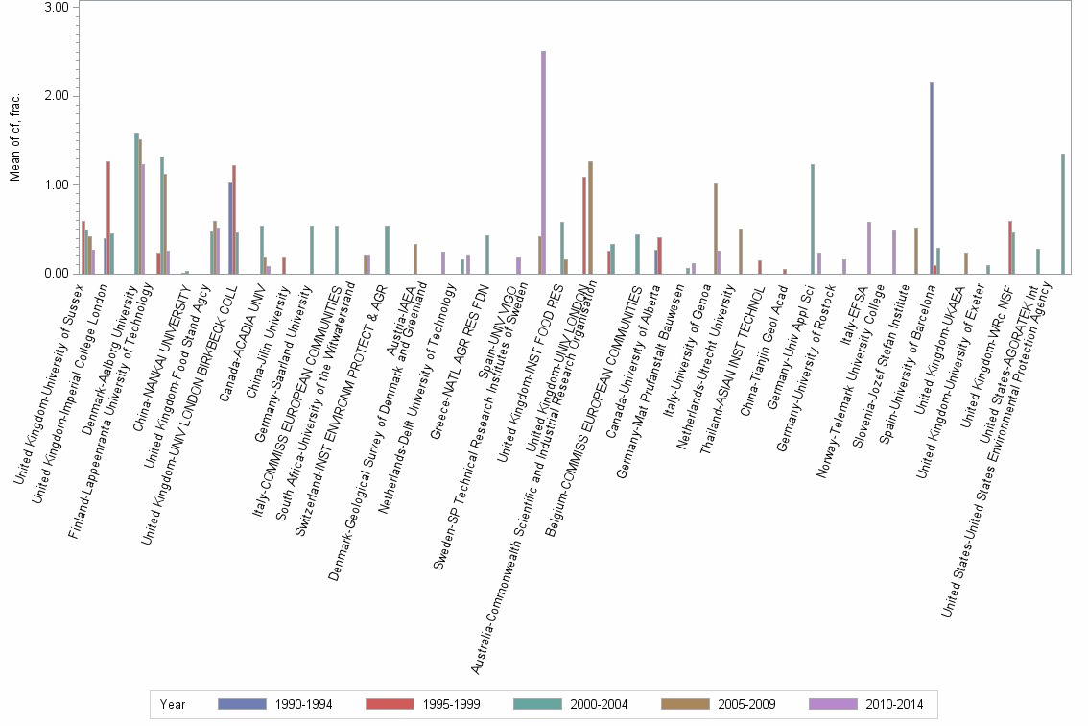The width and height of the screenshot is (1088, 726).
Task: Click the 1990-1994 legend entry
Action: click(x=276, y=704)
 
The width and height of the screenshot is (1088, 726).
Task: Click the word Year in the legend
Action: click(x=173, y=704)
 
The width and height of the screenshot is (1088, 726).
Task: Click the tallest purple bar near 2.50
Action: click(x=544, y=162)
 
